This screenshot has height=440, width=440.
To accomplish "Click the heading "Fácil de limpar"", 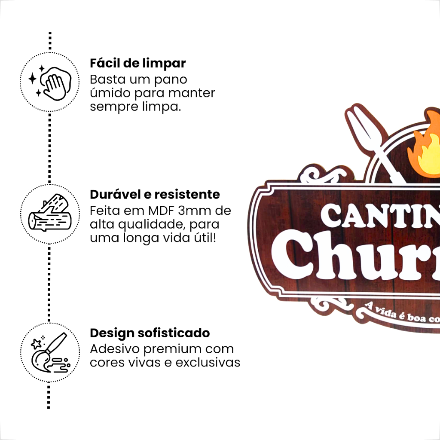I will click(x=137, y=64).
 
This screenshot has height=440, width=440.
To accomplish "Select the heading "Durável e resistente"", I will click(x=155, y=195).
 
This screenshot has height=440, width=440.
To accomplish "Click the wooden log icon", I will click(x=49, y=214).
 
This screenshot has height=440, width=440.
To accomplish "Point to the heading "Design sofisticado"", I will click(x=150, y=333).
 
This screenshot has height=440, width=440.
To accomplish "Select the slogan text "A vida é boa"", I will click(x=391, y=312).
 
